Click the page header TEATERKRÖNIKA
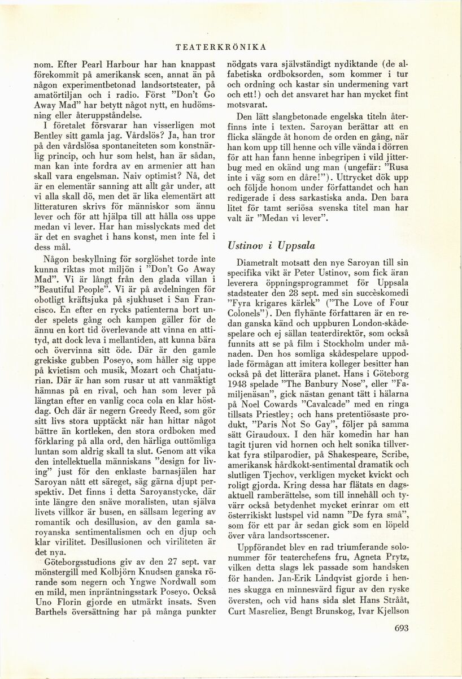230,47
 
